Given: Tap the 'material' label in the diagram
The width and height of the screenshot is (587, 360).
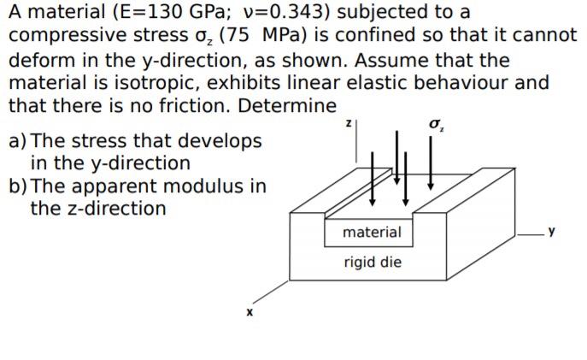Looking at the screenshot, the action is click(372, 232).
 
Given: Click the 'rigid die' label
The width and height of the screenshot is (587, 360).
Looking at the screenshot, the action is click(372, 262).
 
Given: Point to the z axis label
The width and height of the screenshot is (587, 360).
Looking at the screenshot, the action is click(349, 124).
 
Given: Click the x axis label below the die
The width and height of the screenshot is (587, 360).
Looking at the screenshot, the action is click(249, 314).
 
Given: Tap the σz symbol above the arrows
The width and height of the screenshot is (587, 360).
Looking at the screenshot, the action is click(436, 125).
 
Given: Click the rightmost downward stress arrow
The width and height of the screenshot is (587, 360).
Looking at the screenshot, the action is click(431, 162).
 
